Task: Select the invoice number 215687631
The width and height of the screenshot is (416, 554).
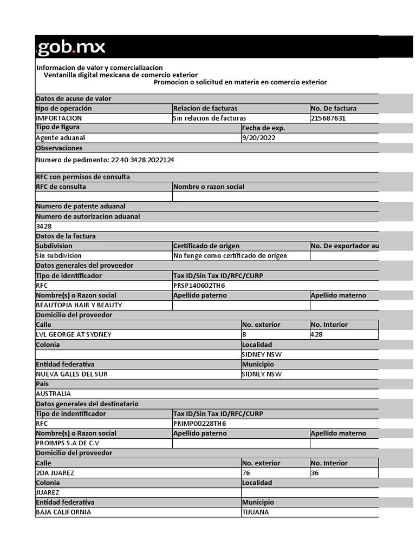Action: pos(328,118)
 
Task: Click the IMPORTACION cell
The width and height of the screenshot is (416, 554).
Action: pos(59,118)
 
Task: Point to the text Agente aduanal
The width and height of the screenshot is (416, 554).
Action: pos(60,138)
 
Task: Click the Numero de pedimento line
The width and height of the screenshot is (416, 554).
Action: pos(105,160)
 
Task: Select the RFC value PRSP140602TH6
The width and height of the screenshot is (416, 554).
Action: pos(199,286)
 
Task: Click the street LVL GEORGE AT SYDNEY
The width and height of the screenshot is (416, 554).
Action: pos(74,335)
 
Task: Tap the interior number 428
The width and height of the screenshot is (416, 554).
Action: pos(317,335)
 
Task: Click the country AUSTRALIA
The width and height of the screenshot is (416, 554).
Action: pos(53,394)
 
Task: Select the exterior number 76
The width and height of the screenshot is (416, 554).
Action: pos(246,473)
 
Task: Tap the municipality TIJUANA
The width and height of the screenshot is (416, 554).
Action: pos(256,512)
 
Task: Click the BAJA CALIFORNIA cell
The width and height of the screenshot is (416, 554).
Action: pos(63,512)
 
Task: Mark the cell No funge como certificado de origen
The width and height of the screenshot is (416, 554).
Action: pos(230,256)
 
